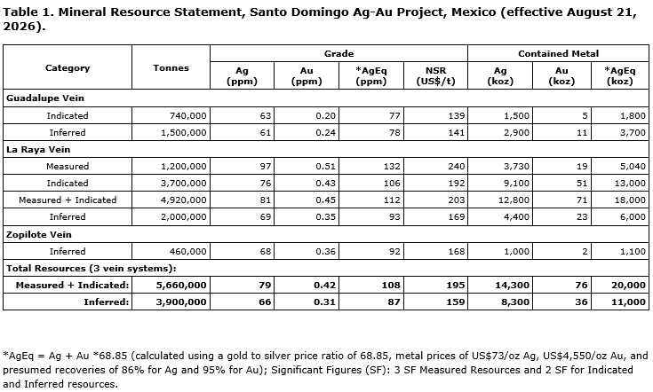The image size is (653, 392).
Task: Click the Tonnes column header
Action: click(171, 67)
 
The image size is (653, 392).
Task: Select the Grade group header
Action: click(339, 53)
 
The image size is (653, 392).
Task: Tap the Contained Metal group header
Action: click(558, 53)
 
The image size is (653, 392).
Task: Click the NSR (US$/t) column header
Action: click(435, 75)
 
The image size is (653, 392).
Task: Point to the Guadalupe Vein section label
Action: click(45, 98)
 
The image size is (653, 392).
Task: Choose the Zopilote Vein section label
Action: click(39, 234)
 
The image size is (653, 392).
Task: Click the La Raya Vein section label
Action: click(38, 150)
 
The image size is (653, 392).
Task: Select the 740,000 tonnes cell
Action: click(187, 115)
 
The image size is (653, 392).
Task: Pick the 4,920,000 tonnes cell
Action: click(184, 200)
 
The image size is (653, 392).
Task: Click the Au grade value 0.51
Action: click(325, 166)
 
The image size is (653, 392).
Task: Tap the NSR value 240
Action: click(457, 166)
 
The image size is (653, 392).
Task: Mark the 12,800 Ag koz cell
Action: click(514, 200)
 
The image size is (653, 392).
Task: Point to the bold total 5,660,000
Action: click(181, 286)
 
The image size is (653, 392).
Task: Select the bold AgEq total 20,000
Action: click(628, 286)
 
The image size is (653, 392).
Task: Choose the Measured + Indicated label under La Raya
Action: click(68, 200)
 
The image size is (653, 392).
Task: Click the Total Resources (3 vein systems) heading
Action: click(92, 268)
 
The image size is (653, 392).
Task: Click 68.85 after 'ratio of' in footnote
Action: click(378, 356)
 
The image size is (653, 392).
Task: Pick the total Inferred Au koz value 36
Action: click(581, 302)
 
